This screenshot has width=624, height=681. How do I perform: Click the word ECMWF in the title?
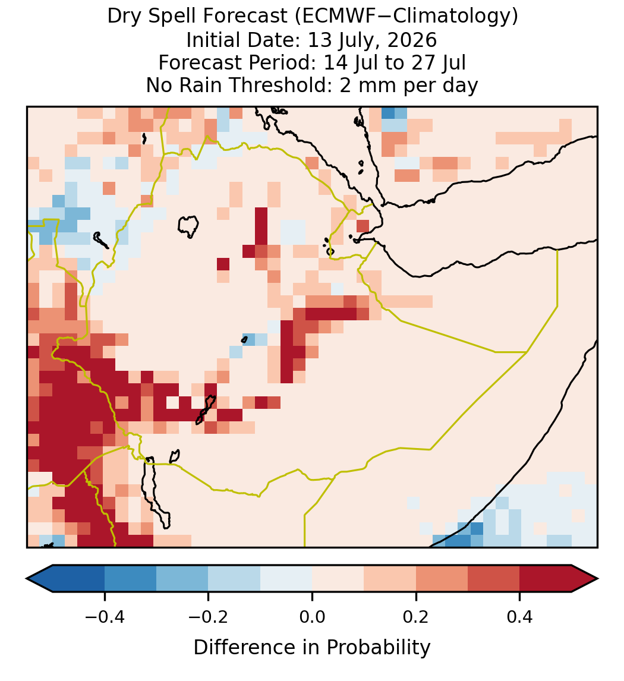click(x=333, y=16)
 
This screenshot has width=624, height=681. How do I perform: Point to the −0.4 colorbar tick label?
click(x=104, y=617)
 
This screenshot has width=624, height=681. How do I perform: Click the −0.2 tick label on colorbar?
click(x=208, y=617)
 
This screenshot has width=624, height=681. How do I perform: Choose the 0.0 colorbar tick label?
click(x=312, y=617)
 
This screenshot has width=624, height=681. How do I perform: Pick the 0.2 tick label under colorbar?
click(x=416, y=617)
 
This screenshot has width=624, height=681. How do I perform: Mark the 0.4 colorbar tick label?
click(x=520, y=617)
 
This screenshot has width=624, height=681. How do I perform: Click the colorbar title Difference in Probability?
click(x=312, y=647)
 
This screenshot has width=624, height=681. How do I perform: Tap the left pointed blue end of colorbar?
click(x=40, y=579)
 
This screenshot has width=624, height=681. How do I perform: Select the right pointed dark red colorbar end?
click(x=585, y=579)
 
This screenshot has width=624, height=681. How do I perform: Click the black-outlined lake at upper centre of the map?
click(x=188, y=226)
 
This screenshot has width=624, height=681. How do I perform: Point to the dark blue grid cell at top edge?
click(x=388, y=112)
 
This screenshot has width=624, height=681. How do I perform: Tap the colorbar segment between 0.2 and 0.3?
click(x=442, y=579)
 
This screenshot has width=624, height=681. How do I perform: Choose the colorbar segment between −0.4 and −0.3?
click(x=130, y=579)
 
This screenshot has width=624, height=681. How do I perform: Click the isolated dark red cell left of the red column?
click(x=223, y=264)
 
